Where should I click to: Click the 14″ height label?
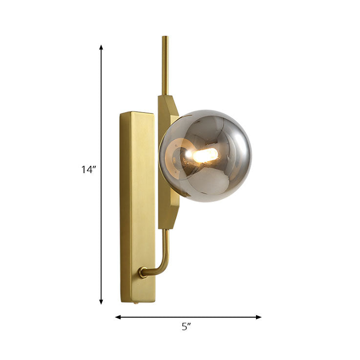88,170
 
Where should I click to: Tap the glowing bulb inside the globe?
205,156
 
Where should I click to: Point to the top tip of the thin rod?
165,38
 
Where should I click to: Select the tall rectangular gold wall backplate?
137,205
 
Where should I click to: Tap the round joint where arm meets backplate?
143,272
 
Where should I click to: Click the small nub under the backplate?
137,304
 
